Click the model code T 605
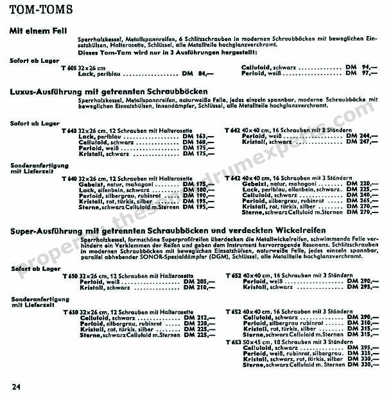(67, 67)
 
